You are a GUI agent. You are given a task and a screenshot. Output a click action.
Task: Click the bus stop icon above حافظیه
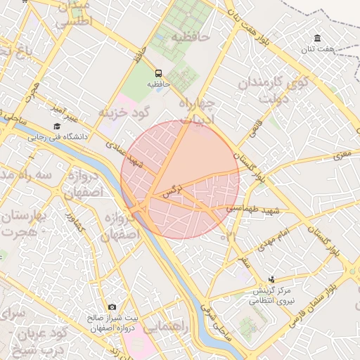(157, 72)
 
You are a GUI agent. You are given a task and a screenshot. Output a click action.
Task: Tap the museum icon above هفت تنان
(319, 37)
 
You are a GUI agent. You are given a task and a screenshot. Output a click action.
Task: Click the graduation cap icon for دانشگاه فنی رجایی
(56, 126)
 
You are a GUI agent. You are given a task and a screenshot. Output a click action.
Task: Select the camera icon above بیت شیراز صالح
(112, 307)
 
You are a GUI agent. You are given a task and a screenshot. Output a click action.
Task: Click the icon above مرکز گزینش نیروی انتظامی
(273, 280)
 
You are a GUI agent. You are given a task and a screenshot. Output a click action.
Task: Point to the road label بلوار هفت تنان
(252, 26)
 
